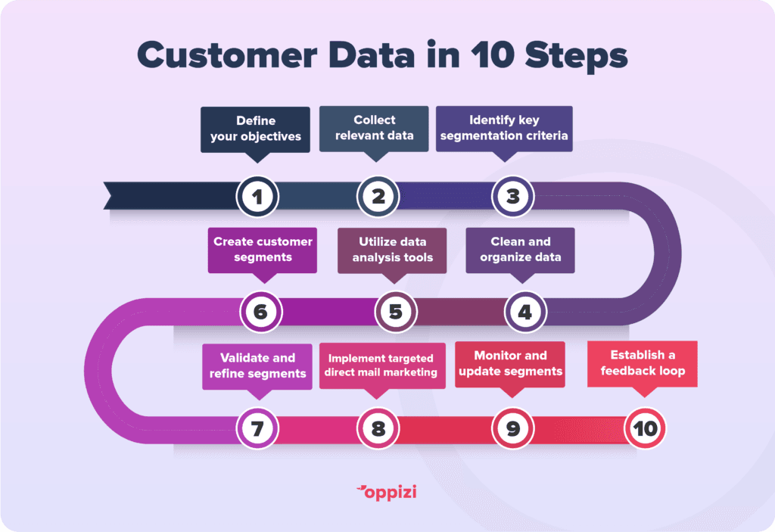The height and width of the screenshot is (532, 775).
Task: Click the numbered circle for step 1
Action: coord(257,197)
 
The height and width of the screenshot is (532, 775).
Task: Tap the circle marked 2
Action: coord(378,197)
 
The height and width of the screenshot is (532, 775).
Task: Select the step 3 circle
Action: coord(513,197)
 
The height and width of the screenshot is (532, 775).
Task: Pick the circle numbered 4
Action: coord(525,312)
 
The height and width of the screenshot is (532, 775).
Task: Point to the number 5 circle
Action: coord(396,312)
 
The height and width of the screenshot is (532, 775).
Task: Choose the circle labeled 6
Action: coord(261,312)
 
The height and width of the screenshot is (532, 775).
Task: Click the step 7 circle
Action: coord(257,428)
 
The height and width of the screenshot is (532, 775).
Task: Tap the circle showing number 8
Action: coord(378,428)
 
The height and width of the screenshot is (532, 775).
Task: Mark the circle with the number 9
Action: coord(513,428)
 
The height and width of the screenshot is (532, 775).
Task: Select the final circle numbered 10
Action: coord(645,428)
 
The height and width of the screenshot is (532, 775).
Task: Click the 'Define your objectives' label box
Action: coord(256,129)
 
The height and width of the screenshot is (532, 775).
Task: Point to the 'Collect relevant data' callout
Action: coord(374,129)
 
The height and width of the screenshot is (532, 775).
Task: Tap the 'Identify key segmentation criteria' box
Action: coord(504,129)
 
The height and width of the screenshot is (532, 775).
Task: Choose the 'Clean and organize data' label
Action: coord(521,250)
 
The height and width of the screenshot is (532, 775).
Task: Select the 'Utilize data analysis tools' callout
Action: coord(393,250)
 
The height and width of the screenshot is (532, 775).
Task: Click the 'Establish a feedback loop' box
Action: coord(643,363)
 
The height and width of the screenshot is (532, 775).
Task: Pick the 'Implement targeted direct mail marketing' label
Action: coord(382,366)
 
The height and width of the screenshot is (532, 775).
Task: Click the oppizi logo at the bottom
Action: coord(387,493)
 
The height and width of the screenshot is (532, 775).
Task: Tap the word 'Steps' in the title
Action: coord(576,56)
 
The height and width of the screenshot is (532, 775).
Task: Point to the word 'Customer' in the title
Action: coord(227,55)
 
